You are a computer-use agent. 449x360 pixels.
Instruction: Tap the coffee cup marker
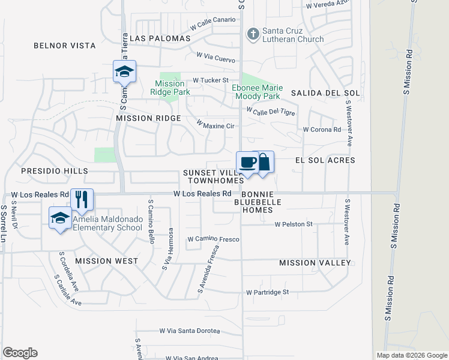click(247, 163)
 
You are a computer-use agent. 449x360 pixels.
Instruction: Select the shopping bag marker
click(263, 163)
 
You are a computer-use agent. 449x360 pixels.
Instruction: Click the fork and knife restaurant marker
click(82, 199)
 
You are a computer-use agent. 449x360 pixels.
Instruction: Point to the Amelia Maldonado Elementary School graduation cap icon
click(60, 218)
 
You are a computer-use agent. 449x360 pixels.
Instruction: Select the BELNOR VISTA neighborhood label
click(65, 46)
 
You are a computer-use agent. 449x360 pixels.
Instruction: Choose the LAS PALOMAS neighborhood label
click(160, 38)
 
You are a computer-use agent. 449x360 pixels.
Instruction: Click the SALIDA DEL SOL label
click(325, 93)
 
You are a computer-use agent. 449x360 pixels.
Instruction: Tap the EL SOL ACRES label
click(325, 160)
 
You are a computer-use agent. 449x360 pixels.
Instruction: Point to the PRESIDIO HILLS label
click(54, 171)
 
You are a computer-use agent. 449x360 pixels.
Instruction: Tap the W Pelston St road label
click(294, 224)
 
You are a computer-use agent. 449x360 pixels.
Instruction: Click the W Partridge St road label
click(267, 292)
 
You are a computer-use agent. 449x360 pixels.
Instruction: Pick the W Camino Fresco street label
click(213, 239)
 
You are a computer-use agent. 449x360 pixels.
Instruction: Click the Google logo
click(20, 353)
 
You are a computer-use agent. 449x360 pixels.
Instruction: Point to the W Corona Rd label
click(322, 129)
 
